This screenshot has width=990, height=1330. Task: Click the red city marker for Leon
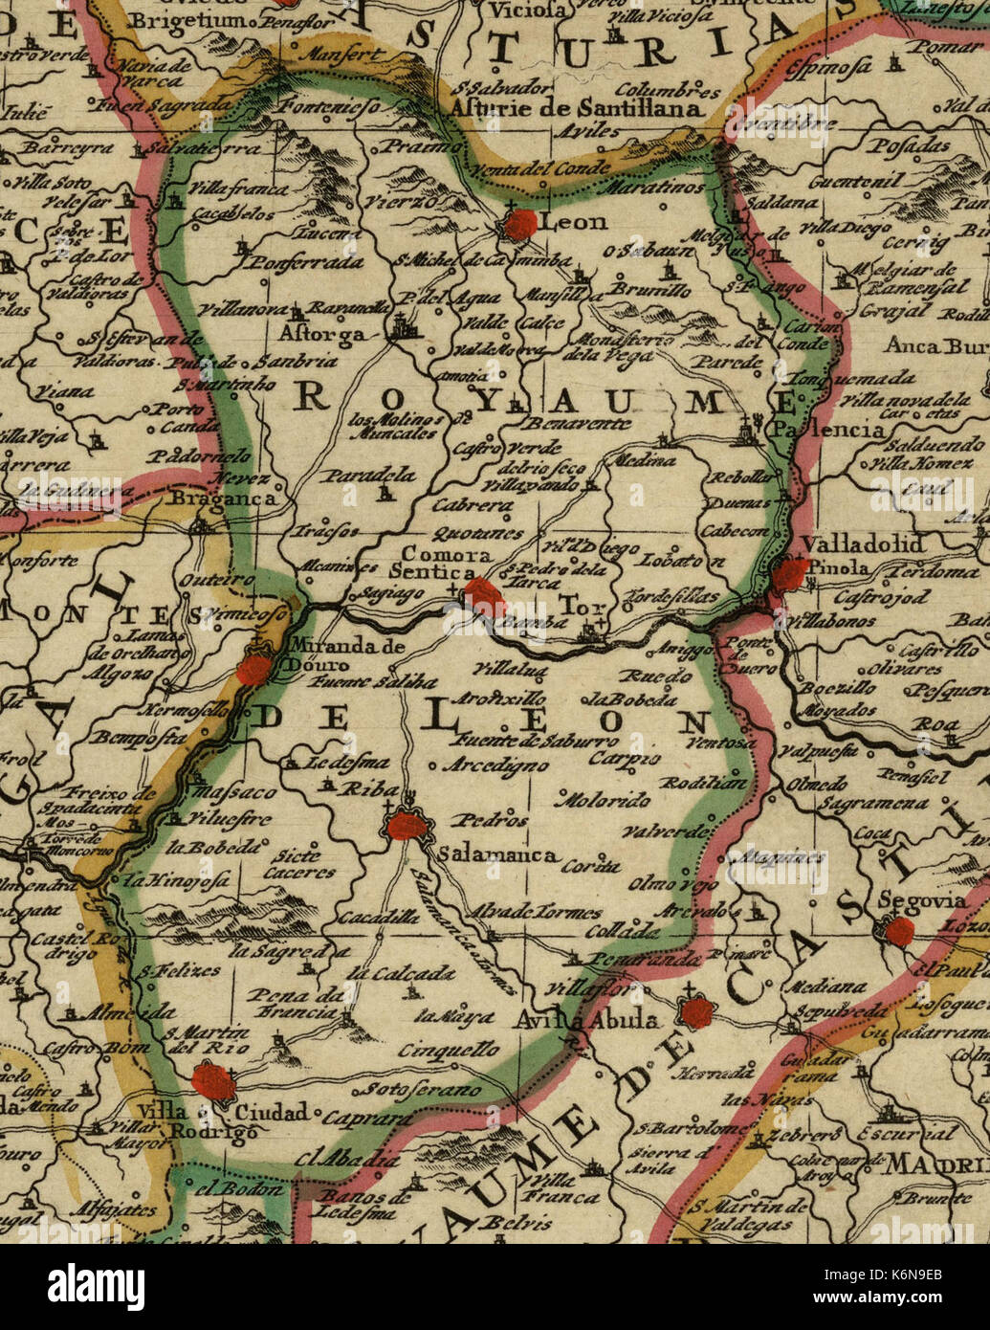tap(521, 226)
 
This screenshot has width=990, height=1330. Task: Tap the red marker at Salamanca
tap(407, 825)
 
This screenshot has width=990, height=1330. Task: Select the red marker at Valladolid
tap(790, 575)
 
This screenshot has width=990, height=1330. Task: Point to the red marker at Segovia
tap(899, 931)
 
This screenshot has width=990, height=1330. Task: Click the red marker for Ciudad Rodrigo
tap(212, 1082)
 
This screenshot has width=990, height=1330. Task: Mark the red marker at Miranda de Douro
tap(255, 669)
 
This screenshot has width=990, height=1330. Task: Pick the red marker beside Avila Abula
tap(695, 1012)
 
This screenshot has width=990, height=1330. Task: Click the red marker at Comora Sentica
tap(485, 597)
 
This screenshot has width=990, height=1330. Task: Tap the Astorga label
tap(322, 335)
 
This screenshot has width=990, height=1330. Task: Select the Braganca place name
tap(225, 499)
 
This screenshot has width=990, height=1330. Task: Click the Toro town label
tap(576, 607)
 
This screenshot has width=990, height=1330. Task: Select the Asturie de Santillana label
tap(577, 109)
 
